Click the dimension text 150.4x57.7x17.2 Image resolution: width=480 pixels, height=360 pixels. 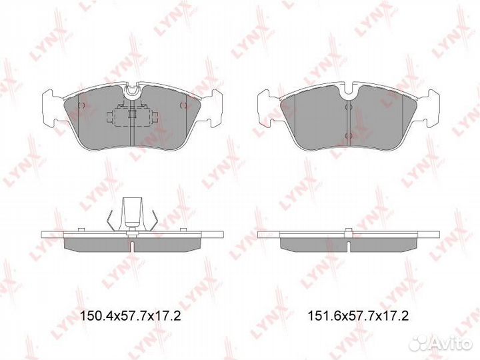[131, 315]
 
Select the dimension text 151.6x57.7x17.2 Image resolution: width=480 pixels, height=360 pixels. [358, 315]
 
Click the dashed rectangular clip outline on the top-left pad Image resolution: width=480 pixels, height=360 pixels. [132, 116]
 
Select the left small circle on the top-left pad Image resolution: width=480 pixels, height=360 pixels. [81, 105]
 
